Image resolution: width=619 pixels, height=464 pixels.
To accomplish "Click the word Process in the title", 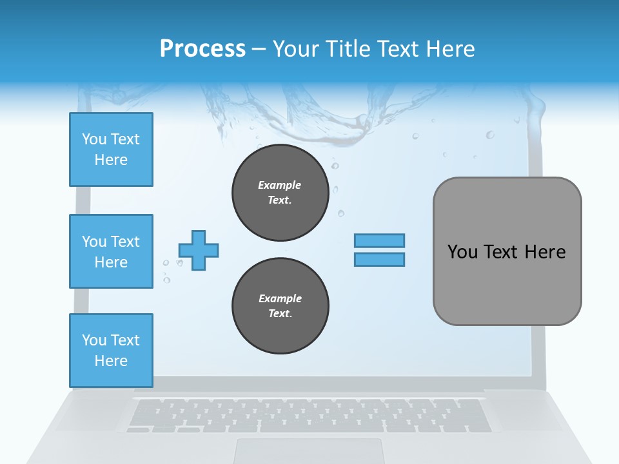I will [x=202, y=49].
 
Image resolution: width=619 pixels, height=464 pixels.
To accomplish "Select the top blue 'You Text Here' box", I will [x=111, y=150].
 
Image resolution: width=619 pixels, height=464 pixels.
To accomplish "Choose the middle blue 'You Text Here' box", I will [x=111, y=251].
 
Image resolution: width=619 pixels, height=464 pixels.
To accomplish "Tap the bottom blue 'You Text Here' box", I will [x=111, y=351].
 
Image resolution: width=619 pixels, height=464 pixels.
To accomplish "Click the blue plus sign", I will [x=199, y=250].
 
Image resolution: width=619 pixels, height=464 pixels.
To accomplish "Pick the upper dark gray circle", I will [x=280, y=192].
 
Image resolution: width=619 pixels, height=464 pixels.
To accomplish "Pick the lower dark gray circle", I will [x=280, y=305].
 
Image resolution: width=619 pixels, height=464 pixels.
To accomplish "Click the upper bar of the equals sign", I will [x=379, y=240].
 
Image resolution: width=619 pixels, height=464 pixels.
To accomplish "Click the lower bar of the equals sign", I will [x=379, y=259].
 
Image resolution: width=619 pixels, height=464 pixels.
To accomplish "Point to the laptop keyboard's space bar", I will [x=309, y=427].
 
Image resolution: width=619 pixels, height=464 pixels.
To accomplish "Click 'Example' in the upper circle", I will [x=280, y=185].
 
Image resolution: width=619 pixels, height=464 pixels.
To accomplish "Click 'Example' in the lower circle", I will [x=280, y=298].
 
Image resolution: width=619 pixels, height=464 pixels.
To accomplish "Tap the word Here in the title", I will [x=449, y=49].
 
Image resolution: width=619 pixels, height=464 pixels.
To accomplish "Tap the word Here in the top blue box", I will [x=111, y=160].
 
